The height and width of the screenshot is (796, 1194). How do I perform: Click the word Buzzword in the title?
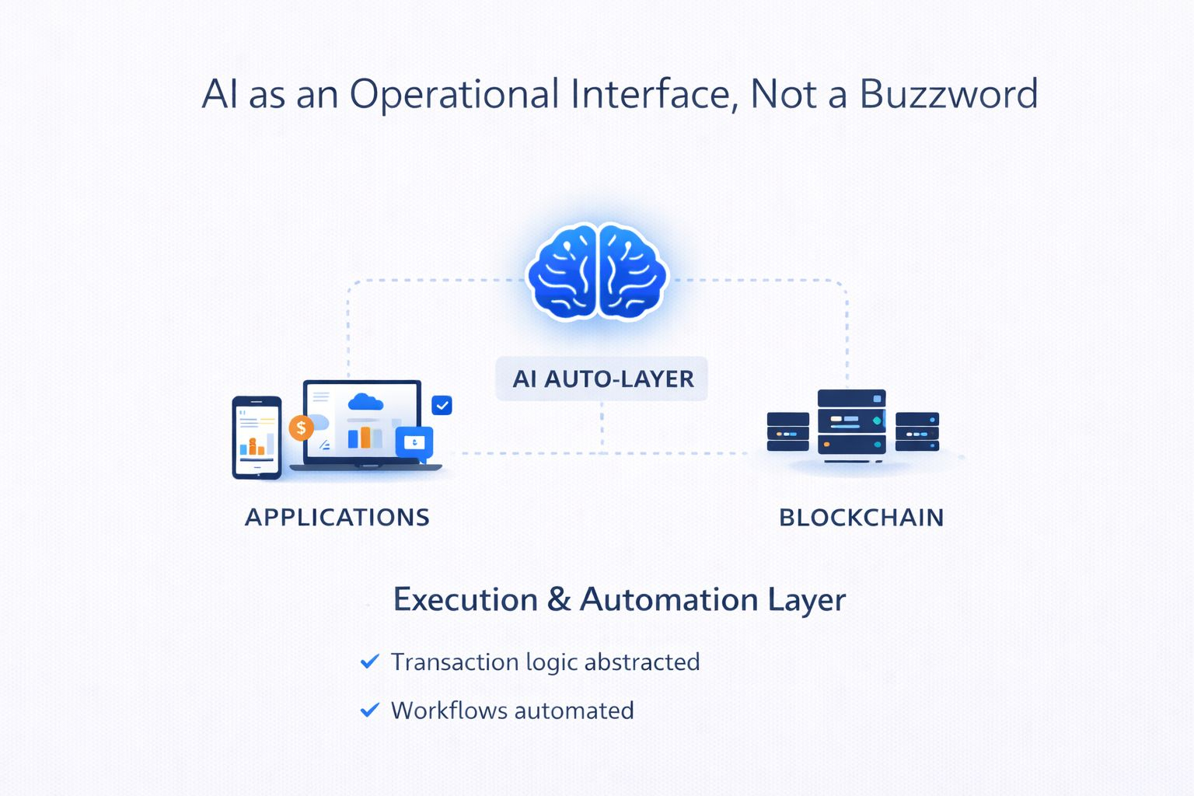click(x=948, y=94)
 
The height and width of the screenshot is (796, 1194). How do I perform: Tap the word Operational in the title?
click(x=454, y=94)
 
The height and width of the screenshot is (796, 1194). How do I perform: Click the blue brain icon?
click(x=596, y=271)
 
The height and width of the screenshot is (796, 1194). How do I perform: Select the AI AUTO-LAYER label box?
click(x=602, y=379)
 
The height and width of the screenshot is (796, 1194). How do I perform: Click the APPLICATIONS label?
click(x=337, y=517)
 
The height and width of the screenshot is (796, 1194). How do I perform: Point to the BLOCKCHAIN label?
click(x=861, y=517)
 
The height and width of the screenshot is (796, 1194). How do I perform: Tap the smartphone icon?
click(x=257, y=438)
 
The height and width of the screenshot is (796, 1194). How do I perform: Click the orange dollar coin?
click(x=301, y=428)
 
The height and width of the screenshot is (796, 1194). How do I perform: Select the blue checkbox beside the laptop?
click(x=442, y=405)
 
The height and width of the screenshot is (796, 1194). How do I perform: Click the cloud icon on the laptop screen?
click(x=365, y=402)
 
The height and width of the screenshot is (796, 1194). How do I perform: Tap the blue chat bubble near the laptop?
click(x=414, y=443)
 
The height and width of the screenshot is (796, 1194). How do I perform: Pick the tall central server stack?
click(x=852, y=422)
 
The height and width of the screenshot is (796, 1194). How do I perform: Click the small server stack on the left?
click(x=788, y=431)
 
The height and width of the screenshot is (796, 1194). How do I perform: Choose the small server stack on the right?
click(x=917, y=431)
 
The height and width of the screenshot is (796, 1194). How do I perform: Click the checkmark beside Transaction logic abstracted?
click(x=370, y=662)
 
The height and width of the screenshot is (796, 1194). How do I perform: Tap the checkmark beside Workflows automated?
click(x=370, y=710)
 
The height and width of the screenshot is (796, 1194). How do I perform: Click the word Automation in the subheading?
click(x=669, y=599)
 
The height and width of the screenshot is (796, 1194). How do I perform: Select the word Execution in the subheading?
click(x=465, y=599)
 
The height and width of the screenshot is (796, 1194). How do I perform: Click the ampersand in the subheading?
click(x=559, y=599)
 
